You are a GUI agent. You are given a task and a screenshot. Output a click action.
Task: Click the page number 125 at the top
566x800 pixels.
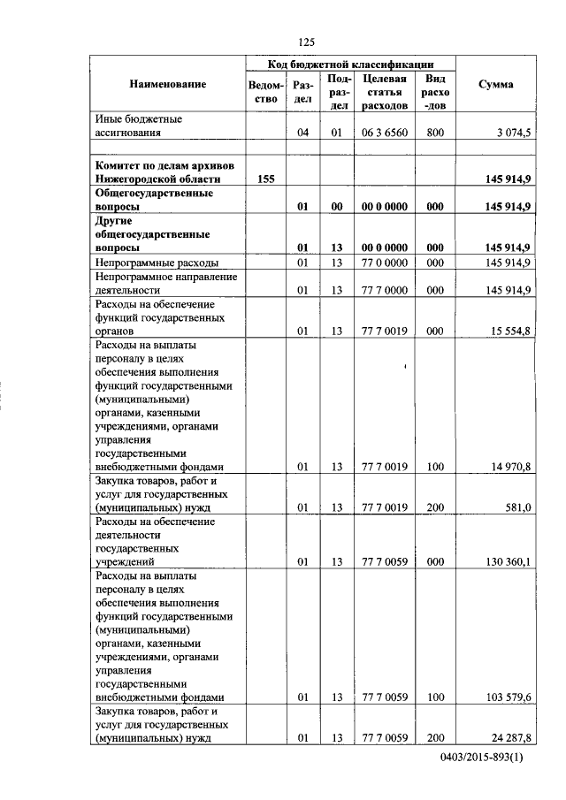coord(307,42)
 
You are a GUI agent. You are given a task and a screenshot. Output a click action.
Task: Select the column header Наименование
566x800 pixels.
coord(167,85)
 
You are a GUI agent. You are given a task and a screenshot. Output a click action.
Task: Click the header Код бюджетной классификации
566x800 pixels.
coord(351,65)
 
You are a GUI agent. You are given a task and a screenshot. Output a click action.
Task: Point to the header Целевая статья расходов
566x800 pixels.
coord(385,92)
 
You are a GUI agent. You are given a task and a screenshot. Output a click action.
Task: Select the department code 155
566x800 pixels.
coord(264,179)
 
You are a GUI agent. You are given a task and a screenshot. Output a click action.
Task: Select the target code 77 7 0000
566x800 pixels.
coord(385,289)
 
